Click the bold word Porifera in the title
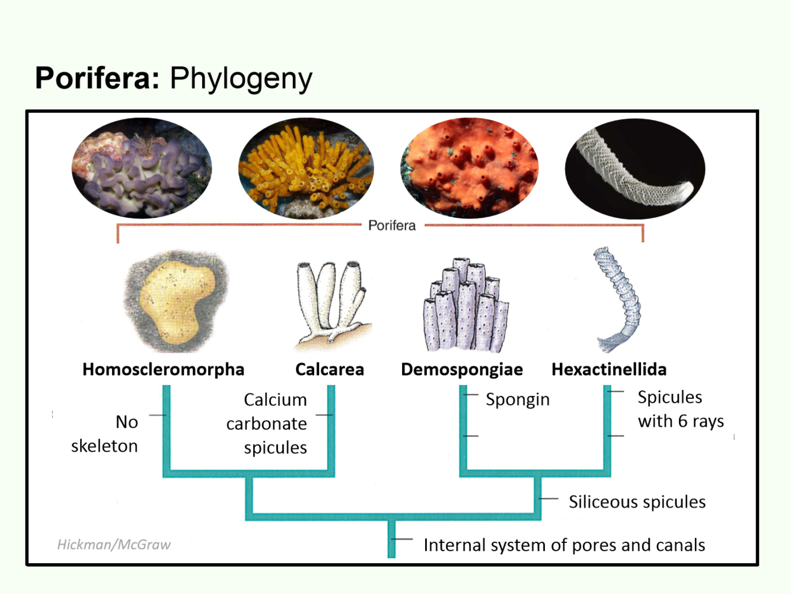(x=97, y=78)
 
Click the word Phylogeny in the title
(x=241, y=79)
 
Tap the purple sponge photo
(x=142, y=169)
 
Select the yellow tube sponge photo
(x=306, y=169)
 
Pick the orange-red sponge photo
(x=470, y=169)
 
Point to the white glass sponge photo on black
(x=635, y=169)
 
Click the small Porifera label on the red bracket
(x=392, y=225)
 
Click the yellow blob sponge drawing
(x=176, y=301)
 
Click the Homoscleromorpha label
(x=163, y=369)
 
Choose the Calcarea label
(x=330, y=369)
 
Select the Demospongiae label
(x=462, y=369)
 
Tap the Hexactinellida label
(x=609, y=369)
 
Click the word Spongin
(x=518, y=399)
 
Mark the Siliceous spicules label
(x=637, y=502)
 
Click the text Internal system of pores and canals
(x=564, y=545)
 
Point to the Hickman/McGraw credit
(x=114, y=544)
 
